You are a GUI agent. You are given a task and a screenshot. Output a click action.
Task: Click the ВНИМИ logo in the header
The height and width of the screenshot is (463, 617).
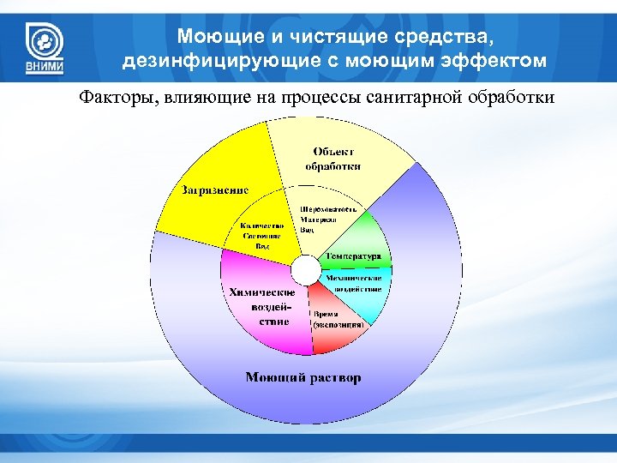tap(43, 47)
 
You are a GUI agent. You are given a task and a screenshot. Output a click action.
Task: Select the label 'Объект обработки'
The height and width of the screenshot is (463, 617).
tap(332, 159)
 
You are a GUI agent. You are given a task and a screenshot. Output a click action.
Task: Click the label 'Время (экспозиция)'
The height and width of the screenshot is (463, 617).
tap(338, 320)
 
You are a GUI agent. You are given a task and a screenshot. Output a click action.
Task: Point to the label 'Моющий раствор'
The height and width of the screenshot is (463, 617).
tap(303, 376)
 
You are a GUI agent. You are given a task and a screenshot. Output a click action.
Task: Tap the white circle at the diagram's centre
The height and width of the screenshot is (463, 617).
tap(305, 270)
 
